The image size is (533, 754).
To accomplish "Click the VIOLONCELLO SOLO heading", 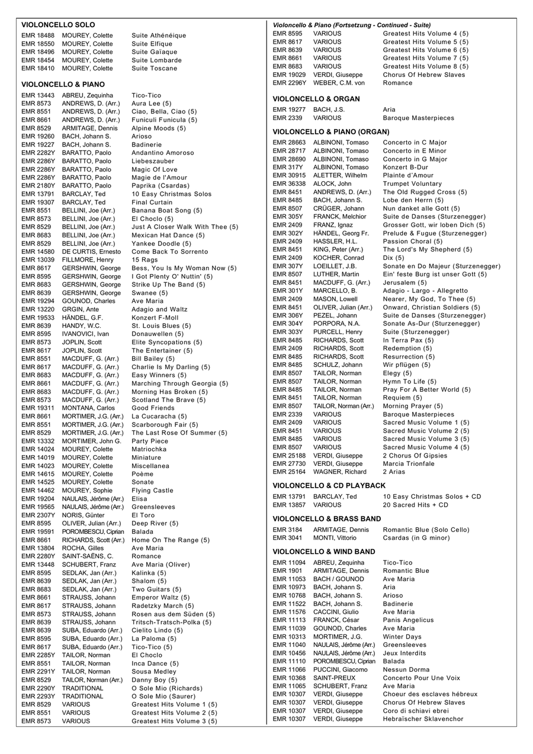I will pyautogui.click(x=58, y=25).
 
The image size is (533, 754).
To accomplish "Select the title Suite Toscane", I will pyautogui.click(x=154, y=68).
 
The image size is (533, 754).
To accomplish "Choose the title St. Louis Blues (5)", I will pyautogui.click(x=161, y=326).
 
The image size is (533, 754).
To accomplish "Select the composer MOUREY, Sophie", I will pyautogui.click(x=87, y=491).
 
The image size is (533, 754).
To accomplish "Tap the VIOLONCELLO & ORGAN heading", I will pyautogui.click(x=316, y=99).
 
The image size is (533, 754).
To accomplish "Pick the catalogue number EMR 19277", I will pyautogui.click(x=289, y=109).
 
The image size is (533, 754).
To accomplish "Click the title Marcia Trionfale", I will pyautogui.click(x=409, y=464).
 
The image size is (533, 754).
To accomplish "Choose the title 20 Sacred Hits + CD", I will pyautogui.click(x=415, y=505).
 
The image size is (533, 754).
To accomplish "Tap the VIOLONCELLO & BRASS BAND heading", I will pyautogui.click(x=326, y=518).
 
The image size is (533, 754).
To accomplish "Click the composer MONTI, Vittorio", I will pyautogui.click(x=335, y=538).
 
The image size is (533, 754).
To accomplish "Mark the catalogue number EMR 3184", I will pyautogui.click(x=287, y=530).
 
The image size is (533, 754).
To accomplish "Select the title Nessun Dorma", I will pyautogui.click(x=406, y=669).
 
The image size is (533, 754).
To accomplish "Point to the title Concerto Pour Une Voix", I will pyautogui.click(x=421, y=678).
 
